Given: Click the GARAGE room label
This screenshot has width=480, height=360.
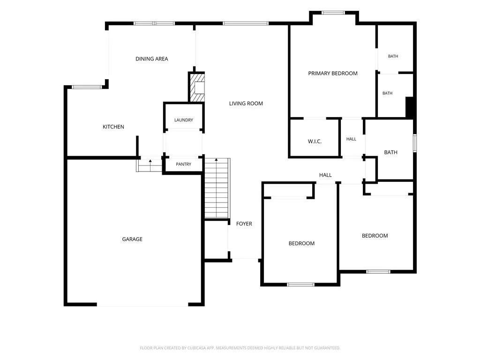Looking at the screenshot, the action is (132, 239).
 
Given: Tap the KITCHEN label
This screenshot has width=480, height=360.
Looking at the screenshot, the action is (113, 127).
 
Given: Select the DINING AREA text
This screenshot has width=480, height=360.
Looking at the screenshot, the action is (152, 59).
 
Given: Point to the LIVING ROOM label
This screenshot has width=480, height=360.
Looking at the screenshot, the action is (246, 104).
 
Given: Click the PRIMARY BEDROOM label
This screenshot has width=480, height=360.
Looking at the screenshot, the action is (333, 74).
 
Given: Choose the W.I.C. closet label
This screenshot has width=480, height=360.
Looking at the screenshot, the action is (315, 142).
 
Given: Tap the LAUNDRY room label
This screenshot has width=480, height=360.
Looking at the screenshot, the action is (184, 120).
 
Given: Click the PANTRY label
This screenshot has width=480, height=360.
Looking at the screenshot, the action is (184, 165).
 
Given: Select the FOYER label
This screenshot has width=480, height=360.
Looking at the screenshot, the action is (244, 224).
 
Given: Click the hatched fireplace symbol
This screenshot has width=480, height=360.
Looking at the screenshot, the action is (197, 87).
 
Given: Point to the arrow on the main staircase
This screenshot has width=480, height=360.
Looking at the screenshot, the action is (217, 159).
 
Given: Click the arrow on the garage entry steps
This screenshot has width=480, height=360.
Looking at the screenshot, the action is (150, 161).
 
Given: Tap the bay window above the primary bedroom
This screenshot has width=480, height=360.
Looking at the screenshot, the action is (333, 13).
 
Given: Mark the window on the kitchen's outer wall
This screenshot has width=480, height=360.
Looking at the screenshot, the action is (87, 87).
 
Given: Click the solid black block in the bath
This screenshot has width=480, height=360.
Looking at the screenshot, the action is (410, 107).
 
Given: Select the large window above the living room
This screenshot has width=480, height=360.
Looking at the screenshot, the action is (246, 23).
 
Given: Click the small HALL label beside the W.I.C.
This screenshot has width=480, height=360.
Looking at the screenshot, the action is (352, 139).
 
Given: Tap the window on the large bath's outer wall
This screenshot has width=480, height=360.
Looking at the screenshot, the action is (415, 143).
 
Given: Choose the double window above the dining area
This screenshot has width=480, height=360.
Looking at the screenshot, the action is (155, 23).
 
